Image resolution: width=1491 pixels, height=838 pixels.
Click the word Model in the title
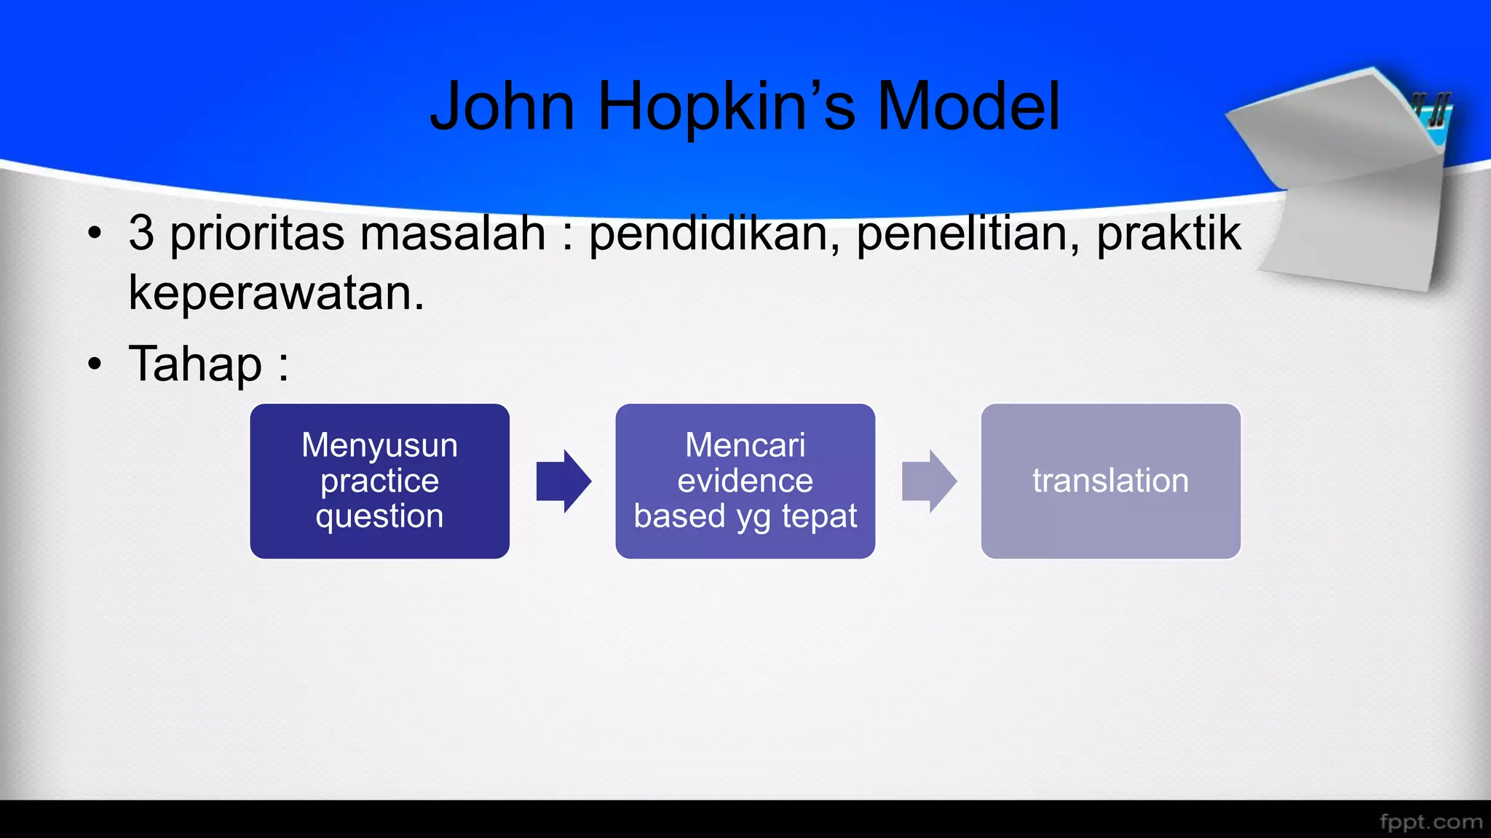click(x=968, y=107)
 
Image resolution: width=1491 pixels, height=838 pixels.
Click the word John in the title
click(x=502, y=107)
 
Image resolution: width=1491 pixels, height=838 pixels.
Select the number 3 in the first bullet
click(x=141, y=234)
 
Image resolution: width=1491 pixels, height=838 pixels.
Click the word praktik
click(x=1168, y=234)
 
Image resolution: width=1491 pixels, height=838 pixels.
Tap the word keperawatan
click(x=276, y=293)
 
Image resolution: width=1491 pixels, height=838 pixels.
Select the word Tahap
click(x=195, y=364)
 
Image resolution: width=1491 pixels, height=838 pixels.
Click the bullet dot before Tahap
click(x=95, y=364)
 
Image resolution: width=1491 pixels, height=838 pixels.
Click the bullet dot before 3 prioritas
click(x=95, y=234)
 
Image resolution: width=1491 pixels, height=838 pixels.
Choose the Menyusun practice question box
click(x=379, y=481)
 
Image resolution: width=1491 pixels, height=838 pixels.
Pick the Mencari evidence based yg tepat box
click(x=745, y=481)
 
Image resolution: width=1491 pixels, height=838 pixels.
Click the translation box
click(x=1110, y=481)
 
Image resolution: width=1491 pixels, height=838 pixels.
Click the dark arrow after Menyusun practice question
click(x=563, y=481)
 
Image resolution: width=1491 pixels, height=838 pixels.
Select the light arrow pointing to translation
click(x=928, y=481)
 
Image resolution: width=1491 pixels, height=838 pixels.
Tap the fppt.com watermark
click(x=1431, y=821)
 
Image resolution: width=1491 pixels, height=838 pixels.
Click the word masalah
click(x=452, y=234)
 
